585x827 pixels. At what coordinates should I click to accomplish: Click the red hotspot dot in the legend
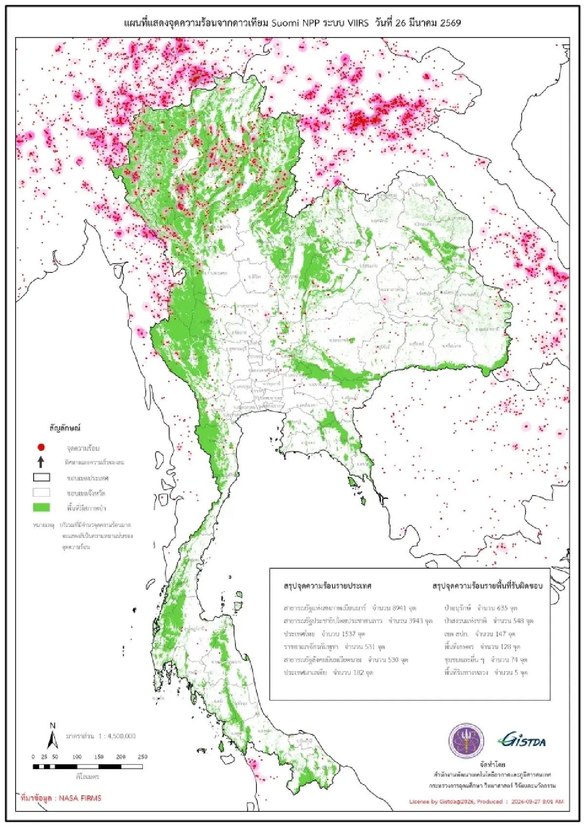[x=41, y=447]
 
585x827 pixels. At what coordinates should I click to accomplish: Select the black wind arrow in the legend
[x=41, y=462]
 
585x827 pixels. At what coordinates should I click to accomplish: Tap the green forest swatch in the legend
[x=41, y=507]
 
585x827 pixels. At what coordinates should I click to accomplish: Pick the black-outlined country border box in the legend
[x=41, y=478]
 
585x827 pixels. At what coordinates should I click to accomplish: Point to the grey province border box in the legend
[x=41, y=493]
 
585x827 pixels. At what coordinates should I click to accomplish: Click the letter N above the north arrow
[x=53, y=726]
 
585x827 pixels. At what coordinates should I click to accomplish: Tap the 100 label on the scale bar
[x=77, y=757]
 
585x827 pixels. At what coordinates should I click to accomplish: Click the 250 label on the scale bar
[x=142, y=757]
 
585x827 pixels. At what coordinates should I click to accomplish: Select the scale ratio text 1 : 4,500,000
[x=110, y=736]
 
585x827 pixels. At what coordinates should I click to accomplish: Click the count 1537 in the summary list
[x=348, y=634]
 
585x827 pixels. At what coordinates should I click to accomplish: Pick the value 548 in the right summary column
[x=518, y=621]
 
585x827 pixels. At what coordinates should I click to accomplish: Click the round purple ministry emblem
[x=466, y=741]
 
